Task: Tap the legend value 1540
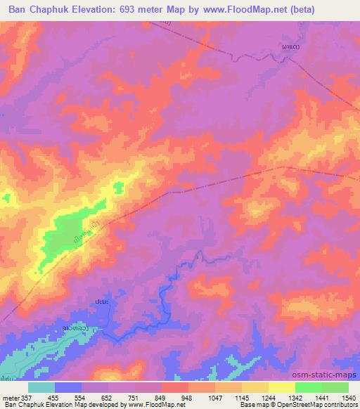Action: pyautogui.click(x=340, y=397)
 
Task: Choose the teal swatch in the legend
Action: pyautogui.click(x=41, y=387)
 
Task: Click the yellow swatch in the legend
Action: pyautogui.click(x=281, y=387)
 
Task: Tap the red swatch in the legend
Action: pyautogui.click(x=174, y=387)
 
